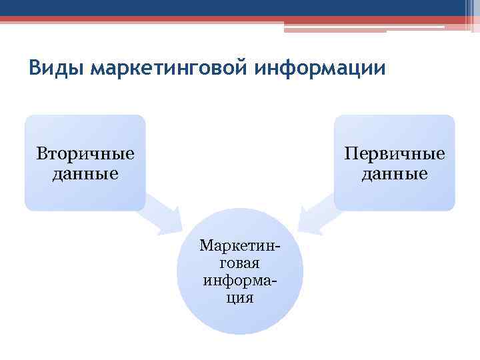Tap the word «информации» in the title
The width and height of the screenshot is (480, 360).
[330, 69]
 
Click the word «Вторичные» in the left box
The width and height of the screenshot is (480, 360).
[85, 154]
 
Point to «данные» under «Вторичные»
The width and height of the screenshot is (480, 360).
[85, 174]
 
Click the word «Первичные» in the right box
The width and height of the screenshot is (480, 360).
[394, 154]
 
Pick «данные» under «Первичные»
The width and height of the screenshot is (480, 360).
[394, 174]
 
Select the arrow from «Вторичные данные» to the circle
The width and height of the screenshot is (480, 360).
[163, 214]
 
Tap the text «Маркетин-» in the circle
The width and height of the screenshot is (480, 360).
[239, 247]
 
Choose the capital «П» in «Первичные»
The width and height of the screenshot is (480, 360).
[350, 154]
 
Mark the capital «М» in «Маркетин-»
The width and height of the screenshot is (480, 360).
[206, 247]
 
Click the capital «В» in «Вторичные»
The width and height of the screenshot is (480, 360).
[41, 154]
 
